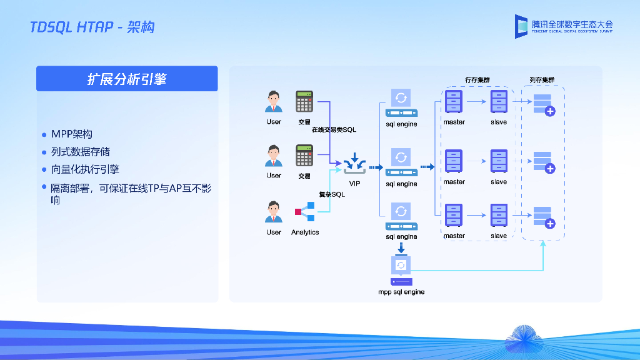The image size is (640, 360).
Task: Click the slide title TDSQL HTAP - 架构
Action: pos(92,27)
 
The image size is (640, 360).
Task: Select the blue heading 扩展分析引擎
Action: pos(127,79)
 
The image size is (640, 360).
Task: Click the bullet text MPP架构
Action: pos(72,134)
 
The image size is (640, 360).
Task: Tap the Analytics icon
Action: pos(304,212)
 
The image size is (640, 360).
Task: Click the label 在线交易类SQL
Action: pos(334,130)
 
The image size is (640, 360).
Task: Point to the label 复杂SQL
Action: pos(332,194)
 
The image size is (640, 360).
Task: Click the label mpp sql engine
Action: pos(401,292)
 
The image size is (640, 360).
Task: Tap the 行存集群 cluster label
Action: pos(477,80)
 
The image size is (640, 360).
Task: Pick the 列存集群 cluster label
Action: pos(542,80)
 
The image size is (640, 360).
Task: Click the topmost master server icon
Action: pos(454,101)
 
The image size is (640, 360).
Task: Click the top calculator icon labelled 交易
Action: pos(304,102)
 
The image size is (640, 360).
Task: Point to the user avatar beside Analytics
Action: pos(273,212)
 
